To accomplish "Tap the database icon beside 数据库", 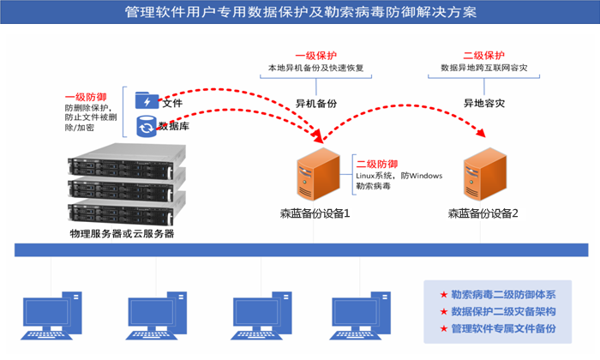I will click(147, 127).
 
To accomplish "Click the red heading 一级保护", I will click(316, 55).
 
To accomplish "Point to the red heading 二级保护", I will click(483, 55).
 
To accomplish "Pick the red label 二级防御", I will click(377, 164).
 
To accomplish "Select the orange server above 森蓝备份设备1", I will click(314, 175).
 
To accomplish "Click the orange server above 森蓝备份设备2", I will click(483, 175).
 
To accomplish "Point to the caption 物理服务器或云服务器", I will click(122, 233).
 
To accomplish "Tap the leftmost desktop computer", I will click(51, 316).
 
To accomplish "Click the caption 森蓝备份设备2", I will click(483, 213).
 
